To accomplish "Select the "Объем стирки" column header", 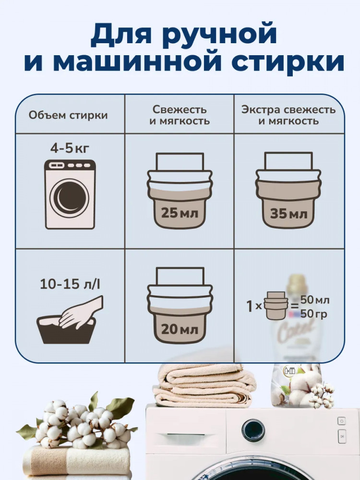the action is (68, 115).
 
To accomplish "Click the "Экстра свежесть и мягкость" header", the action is (288, 115).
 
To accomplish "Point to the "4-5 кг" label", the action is (70, 148).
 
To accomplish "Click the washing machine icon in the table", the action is (70, 194).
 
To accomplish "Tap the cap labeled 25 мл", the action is (180, 191).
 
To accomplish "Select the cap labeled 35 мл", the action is (288, 190).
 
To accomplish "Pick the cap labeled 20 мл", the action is (180, 305).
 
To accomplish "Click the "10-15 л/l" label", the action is (70, 284).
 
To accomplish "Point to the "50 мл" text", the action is (315, 300).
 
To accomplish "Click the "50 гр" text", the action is (313, 314).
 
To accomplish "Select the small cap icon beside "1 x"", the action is (276, 305).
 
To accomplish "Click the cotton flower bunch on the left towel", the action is (76, 422).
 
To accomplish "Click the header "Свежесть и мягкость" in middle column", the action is (180, 115).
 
